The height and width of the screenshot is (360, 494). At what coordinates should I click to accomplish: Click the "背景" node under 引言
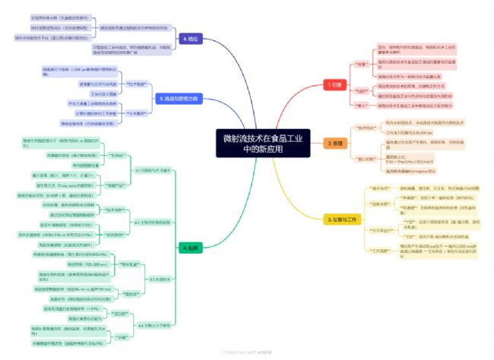[361, 64]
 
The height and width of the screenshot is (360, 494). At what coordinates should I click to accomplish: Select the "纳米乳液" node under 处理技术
[128, 264]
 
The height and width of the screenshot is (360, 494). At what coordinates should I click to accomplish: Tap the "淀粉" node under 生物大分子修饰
[121, 336]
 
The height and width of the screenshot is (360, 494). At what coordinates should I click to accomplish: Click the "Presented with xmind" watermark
[247, 352]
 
